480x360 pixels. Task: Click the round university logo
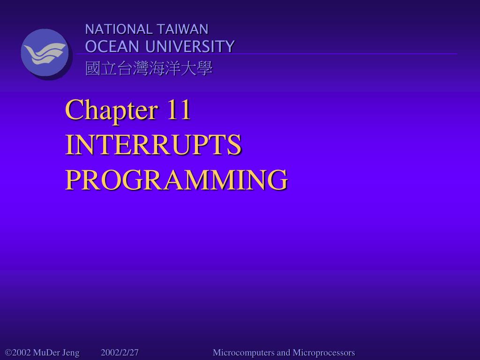coord(45,53)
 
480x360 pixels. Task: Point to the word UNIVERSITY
coord(190,46)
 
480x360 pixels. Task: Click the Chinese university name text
coord(149,69)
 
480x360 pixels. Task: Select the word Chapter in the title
coord(111,110)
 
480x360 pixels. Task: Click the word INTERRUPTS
coord(153,145)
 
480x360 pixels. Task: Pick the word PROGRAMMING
coord(176,180)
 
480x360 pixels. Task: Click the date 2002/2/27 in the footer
coord(120,352)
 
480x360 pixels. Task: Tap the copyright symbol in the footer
coord(8,353)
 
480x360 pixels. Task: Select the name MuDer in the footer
coord(46,352)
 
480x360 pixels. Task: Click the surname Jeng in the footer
coord(70,353)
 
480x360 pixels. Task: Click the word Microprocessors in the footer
coord(324,352)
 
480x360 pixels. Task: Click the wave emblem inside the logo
coord(45,53)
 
